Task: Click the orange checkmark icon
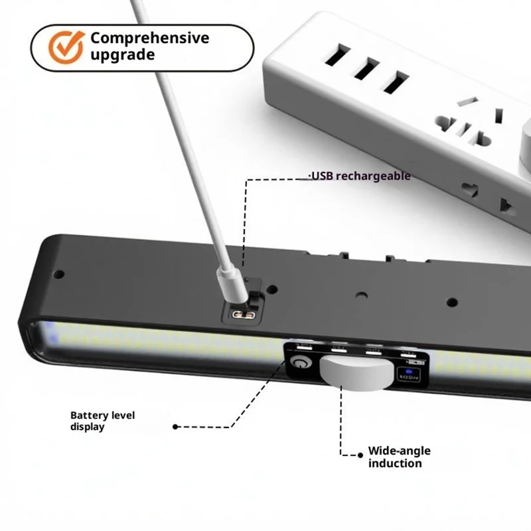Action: click(x=66, y=46)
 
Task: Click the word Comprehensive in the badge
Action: click(x=149, y=38)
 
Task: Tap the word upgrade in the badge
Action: click(x=123, y=54)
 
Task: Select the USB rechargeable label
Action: click(x=360, y=176)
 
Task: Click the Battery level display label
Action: click(x=102, y=421)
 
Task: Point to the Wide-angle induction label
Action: click(x=399, y=457)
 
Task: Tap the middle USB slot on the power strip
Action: click(x=366, y=69)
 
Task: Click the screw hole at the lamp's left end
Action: click(x=58, y=273)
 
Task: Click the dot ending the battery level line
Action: click(x=175, y=427)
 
